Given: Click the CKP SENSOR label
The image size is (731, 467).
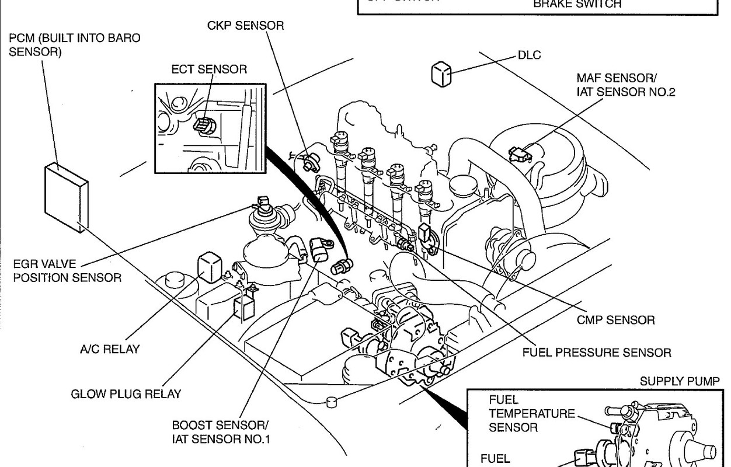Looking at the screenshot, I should pyautogui.click(x=245, y=26).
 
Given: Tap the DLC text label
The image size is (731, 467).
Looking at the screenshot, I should pyautogui.click(x=529, y=55).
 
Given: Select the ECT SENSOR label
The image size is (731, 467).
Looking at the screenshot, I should pyautogui.click(x=209, y=69).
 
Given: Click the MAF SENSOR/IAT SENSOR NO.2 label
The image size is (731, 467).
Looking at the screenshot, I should pyautogui.click(x=625, y=85).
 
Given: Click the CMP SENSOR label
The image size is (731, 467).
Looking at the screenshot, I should pyautogui.click(x=615, y=320).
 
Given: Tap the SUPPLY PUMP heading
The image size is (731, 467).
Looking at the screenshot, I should pyautogui.click(x=680, y=381).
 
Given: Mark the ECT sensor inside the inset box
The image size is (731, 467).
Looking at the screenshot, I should pyautogui.click(x=206, y=124).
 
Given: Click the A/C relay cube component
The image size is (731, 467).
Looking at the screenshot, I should pyautogui.click(x=209, y=266).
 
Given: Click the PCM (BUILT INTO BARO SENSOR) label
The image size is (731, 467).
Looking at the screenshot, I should pyautogui.click(x=75, y=45).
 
